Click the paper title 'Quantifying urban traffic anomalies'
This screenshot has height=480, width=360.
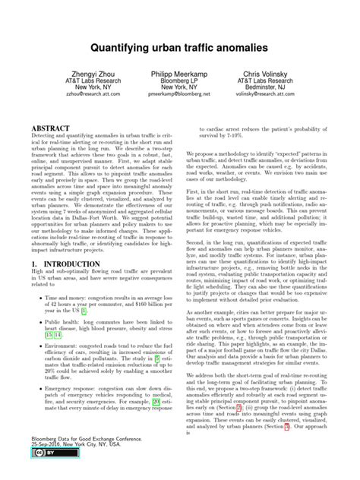(x=180, y=47)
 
